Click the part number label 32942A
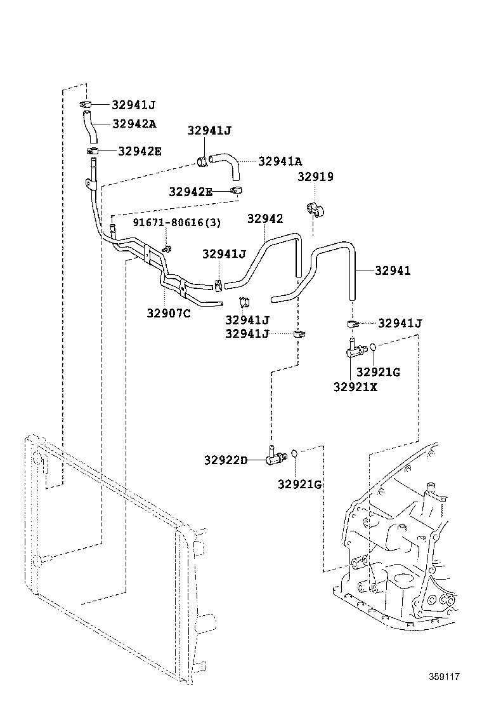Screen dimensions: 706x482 (x=134, y=124)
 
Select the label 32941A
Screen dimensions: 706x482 (x=280, y=161)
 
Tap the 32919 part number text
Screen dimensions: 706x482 (x=315, y=177)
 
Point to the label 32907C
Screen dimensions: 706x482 (x=169, y=312)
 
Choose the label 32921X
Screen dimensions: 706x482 (x=355, y=386)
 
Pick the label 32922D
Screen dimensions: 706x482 (x=226, y=460)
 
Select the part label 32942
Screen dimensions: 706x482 (x=265, y=218)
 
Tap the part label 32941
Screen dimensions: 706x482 (x=393, y=270)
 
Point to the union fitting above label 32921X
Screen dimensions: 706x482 (x=353, y=347)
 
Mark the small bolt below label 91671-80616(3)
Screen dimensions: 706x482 (x=166, y=248)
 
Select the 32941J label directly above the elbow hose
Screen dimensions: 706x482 (x=209, y=131)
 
